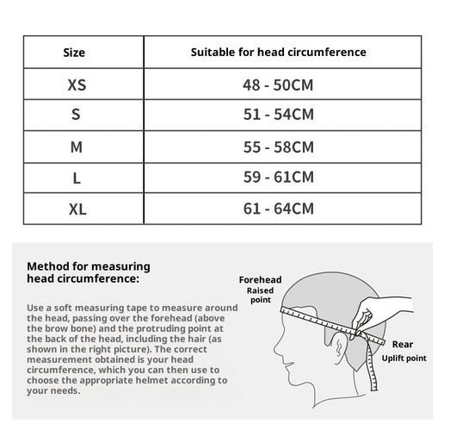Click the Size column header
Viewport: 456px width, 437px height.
pyautogui.click(x=74, y=53)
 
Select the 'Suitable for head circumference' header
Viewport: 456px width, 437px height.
pyautogui.click(x=278, y=53)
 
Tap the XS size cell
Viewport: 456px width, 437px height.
pyautogui.click(x=77, y=84)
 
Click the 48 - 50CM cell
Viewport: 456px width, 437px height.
pyautogui.click(x=278, y=84)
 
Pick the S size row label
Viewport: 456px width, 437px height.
pyautogui.click(x=76, y=114)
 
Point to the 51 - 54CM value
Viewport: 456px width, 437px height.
pyautogui.click(x=279, y=114)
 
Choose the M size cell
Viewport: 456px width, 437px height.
pyautogui.click(x=77, y=147)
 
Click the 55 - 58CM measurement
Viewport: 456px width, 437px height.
pyautogui.click(x=279, y=147)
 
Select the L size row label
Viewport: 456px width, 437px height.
pyautogui.click(x=77, y=178)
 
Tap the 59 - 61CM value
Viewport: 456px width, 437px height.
pyautogui.click(x=279, y=177)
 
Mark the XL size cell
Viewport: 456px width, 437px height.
pyautogui.click(x=77, y=209)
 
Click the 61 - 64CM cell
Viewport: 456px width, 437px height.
pyautogui.click(x=279, y=209)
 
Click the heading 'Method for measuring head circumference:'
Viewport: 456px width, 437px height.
pyautogui.click(x=89, y=272)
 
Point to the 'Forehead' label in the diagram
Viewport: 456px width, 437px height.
pyautogui.click(x=261, y=279)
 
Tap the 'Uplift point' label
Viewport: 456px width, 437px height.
pyautogui.click(x=404, y=358)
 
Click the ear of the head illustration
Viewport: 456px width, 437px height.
pyautogui.click(x=339, y=348)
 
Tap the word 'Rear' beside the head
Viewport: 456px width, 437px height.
pyautogui.click(x=403, y=344)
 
